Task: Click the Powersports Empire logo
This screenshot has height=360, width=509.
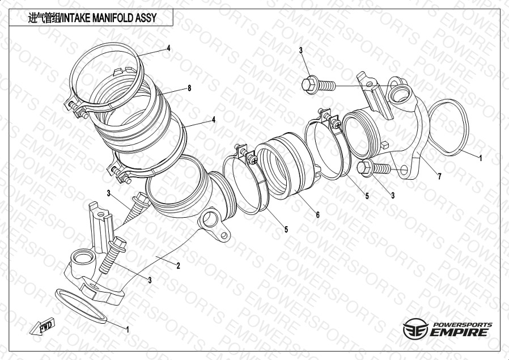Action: [448, 329]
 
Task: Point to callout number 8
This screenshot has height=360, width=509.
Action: [189, 88]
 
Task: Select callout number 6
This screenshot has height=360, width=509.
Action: [317, 215]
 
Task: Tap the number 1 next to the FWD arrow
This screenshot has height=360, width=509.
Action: [127, 328]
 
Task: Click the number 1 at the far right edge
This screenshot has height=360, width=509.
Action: [481, 159]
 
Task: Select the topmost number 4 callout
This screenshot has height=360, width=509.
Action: [168, 48]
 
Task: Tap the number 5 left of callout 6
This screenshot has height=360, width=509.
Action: [286, 229]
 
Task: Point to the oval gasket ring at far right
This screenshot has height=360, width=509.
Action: [449, 128]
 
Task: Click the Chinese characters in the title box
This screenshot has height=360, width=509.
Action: [42, 18]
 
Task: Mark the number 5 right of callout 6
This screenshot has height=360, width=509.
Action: [367, 196]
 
